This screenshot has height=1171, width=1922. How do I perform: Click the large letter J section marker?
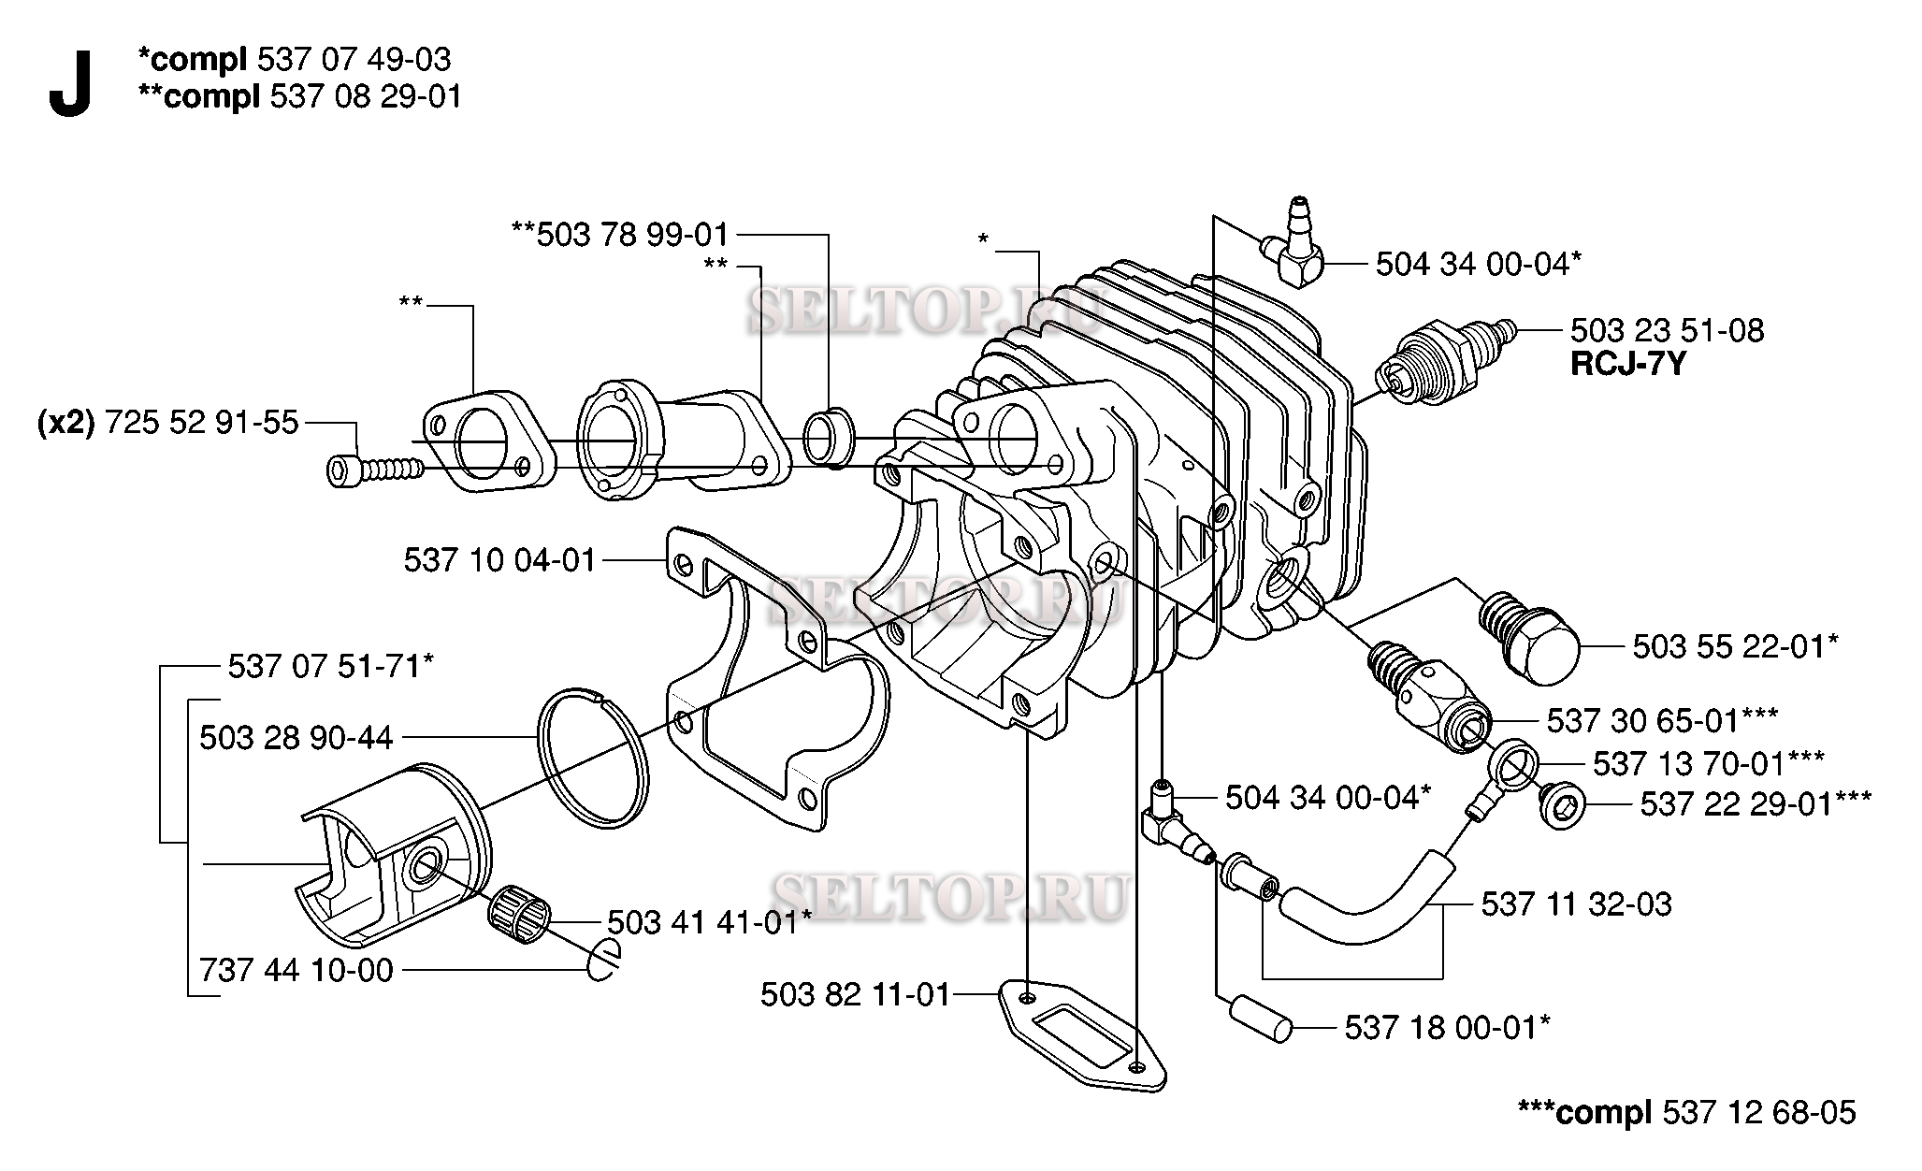click(x=70, y=85)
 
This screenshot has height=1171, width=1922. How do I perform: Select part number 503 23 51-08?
click(x=1667, y=330)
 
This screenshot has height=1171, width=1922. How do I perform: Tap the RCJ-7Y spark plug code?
click(x=1627, y=364)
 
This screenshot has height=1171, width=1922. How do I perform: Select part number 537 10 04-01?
click(x=499, y=560)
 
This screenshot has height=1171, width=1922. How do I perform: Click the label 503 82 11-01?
click(x=855, y=994)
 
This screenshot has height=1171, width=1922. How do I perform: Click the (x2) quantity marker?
click(x=65, y=424)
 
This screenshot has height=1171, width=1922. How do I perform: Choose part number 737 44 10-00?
click(x=296, y=970)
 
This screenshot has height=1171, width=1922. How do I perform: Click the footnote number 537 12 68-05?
click(x=1759, y=1112)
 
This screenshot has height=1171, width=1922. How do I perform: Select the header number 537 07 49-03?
click(x=354, y=60)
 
